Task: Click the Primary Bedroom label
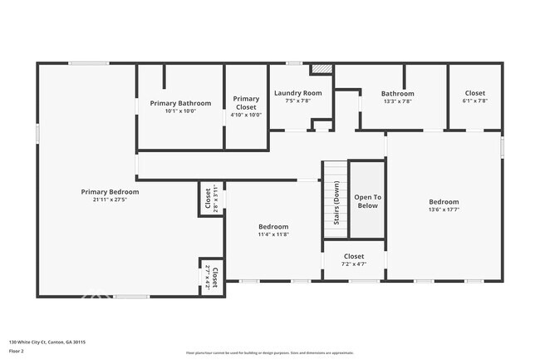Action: click(110, 192)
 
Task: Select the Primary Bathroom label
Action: click(180, 103)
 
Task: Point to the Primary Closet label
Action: click(246, 103)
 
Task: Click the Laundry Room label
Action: click(297, 93)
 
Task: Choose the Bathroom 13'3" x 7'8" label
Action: click(397, 94)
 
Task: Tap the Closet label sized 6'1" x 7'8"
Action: click(474, 93)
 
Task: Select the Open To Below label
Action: click(366, 201)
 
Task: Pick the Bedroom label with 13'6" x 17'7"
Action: click(443, 201)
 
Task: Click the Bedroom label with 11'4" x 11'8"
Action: click(272, 226)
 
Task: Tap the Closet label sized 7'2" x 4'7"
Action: click(353, 257)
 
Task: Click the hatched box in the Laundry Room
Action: click(321, 69)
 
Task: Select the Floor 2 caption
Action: click(17, 351)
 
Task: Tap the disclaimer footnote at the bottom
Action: click(269, 353)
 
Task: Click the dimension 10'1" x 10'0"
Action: click(180, 111)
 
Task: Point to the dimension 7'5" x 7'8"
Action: click(297, 101)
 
